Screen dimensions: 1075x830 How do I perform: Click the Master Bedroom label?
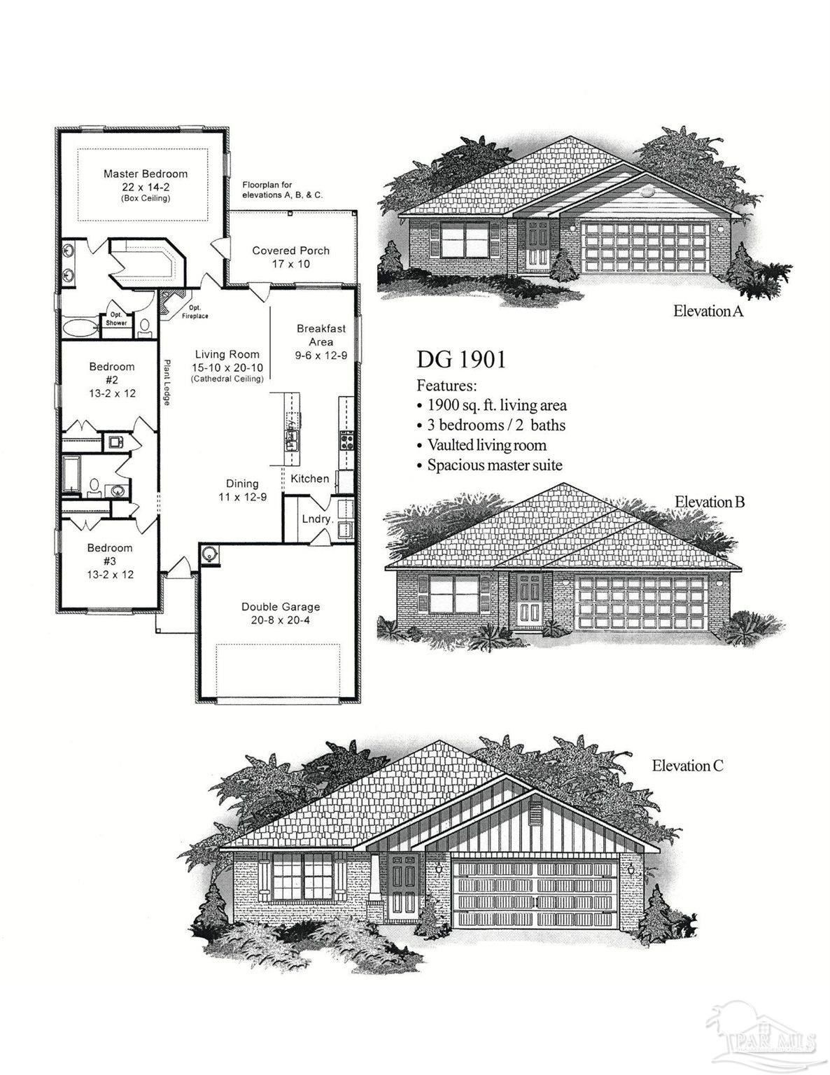[x=146, y=174]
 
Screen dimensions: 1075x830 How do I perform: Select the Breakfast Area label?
[x=321, y=335]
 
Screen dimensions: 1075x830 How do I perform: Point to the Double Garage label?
[x=281, y=607]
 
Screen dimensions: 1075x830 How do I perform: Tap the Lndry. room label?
[x=316, y=519]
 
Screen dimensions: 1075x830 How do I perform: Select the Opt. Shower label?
[x=117, y=319]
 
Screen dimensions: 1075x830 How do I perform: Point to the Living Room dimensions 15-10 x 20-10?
[x=227, y=367]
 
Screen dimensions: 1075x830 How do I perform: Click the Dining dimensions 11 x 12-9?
[x=242, y=496]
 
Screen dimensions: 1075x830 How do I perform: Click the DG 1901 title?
[x=460, y=360]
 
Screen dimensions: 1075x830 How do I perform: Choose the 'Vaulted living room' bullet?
[x=486, y=445]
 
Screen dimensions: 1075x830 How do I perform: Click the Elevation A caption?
[x=708, y=311]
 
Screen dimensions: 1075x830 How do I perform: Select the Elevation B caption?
[x=710, y=502]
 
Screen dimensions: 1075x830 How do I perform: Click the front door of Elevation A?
[x=540, y=244]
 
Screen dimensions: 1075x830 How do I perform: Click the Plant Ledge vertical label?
[x=167, y=382]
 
